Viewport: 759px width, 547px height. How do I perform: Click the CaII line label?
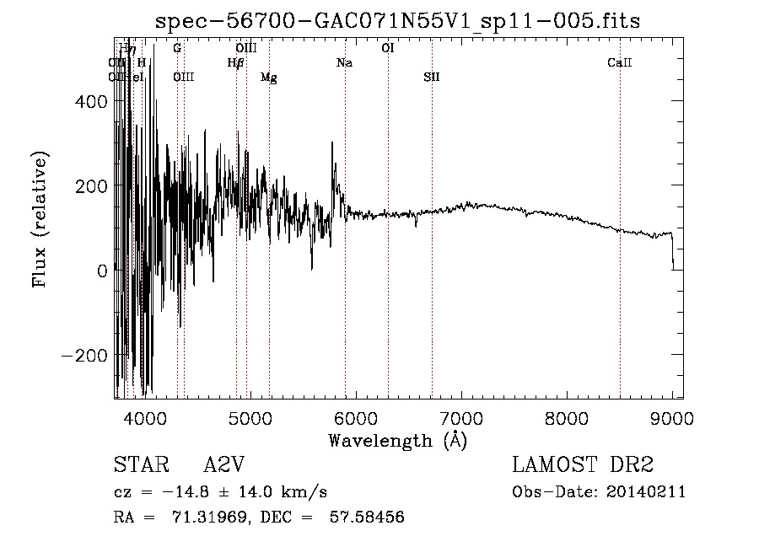click(620, 62)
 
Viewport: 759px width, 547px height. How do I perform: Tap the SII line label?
click(432, 78)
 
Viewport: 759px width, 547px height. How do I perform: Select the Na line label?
click(344, 62)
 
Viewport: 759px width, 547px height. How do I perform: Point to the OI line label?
click(388, 48)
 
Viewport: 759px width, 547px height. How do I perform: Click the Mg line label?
click(269, 78)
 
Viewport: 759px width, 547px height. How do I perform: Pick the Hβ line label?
click(236, 62)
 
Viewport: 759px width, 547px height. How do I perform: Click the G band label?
click(177, 48)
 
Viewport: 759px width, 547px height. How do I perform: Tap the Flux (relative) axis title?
click(40, 219)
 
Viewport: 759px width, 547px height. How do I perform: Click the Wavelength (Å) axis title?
click(397, 440)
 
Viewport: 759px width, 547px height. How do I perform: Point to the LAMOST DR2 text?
click(583, 466)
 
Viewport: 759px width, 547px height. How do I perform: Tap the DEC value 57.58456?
click(368, 518)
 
